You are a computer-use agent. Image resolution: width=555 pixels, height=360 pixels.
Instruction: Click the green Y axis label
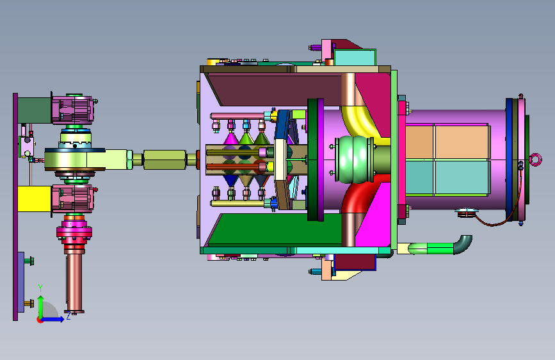click(40, 288)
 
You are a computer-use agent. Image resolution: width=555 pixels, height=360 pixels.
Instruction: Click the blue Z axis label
click(68, 316)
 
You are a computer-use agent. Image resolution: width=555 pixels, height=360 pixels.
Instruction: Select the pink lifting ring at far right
click(536, 160)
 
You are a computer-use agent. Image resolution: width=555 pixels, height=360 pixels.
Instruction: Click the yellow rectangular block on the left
click(35, 199)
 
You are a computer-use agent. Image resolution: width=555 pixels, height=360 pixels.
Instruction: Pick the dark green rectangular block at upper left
click(35, 111)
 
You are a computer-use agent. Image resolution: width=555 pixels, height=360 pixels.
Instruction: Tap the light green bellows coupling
click(354, 160)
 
